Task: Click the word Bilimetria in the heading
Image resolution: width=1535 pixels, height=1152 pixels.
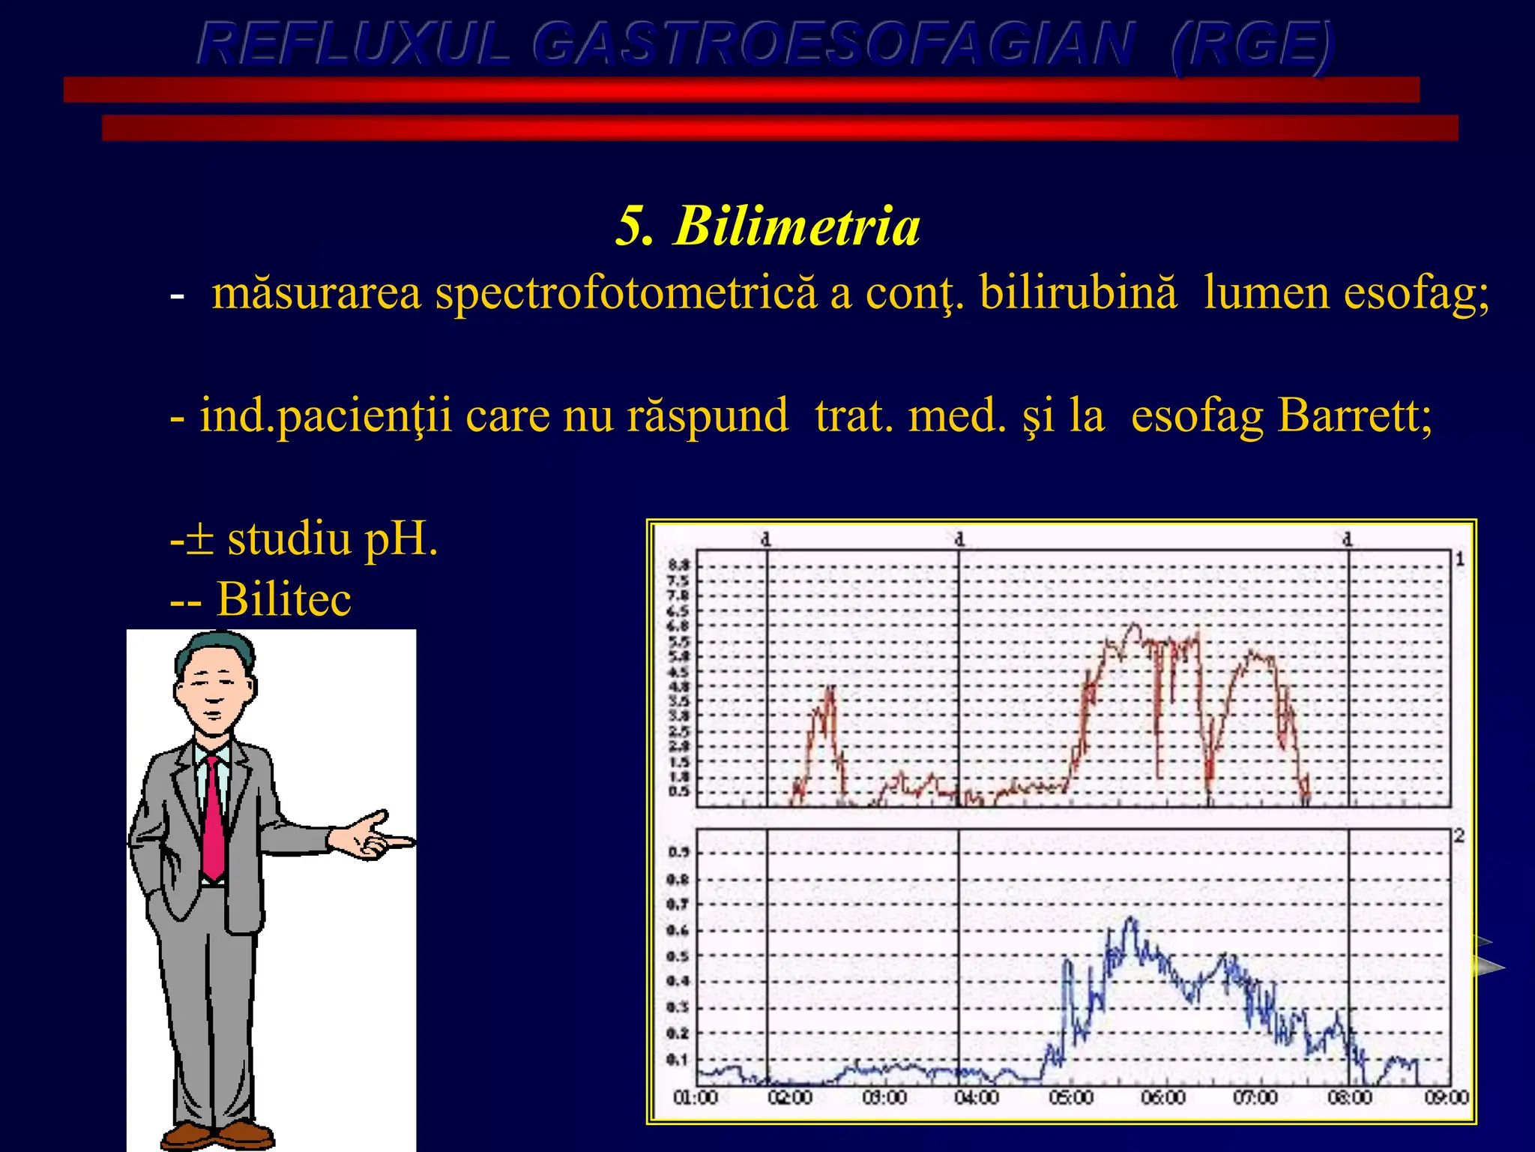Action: (797, 226)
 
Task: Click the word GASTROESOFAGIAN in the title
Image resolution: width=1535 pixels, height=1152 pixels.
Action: (832, 45)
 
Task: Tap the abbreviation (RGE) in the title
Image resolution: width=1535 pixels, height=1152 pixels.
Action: (1252, 45)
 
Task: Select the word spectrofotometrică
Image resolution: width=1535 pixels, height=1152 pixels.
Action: (626, 292)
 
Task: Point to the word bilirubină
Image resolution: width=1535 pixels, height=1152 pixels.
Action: (1078, 292)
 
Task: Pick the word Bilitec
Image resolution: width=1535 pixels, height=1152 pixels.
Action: (283, 599)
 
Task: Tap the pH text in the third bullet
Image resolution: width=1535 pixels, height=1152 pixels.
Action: (399, 538)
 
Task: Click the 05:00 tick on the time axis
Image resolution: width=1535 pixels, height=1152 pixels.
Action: (1070, 1098)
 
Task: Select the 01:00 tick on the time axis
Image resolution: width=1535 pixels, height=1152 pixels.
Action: (696, 1098)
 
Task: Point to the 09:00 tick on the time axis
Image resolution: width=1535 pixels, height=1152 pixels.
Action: (1446, 1098)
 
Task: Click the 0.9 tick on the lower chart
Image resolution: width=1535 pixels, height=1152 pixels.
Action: (678, 853)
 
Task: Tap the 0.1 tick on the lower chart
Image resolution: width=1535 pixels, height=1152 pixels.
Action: (678, 1060)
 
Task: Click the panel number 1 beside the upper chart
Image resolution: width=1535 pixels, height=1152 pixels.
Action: (1459, 559)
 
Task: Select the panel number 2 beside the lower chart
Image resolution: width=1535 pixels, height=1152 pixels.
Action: (1459, 836)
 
